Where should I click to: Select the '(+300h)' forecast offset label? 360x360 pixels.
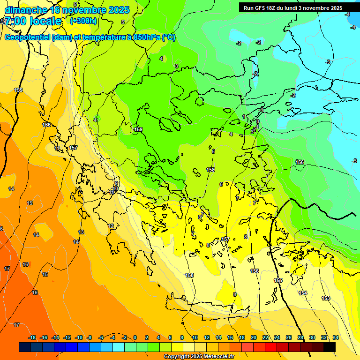click(83, 21)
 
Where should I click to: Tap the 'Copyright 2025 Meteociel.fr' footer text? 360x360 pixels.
click(199, 357)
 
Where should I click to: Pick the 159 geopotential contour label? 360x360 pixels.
click(138, 129)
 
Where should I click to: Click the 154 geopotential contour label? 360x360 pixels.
click(303, 293)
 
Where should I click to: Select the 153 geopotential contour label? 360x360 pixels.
click(326, 298)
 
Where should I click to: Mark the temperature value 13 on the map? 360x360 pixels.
click(81, 232)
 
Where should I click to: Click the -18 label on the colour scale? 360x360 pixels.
click(32, 337)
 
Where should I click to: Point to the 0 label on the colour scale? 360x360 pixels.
click(135, 337)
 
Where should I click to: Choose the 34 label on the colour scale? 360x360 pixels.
click(336, 337)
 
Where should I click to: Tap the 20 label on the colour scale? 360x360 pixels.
click(254, 337)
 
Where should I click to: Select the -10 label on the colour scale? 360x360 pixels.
click(78, 337)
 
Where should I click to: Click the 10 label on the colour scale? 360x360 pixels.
click(195, 337)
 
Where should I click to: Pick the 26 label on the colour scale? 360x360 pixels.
click(289, 337)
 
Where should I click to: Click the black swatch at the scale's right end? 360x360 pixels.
click(330, 347)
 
